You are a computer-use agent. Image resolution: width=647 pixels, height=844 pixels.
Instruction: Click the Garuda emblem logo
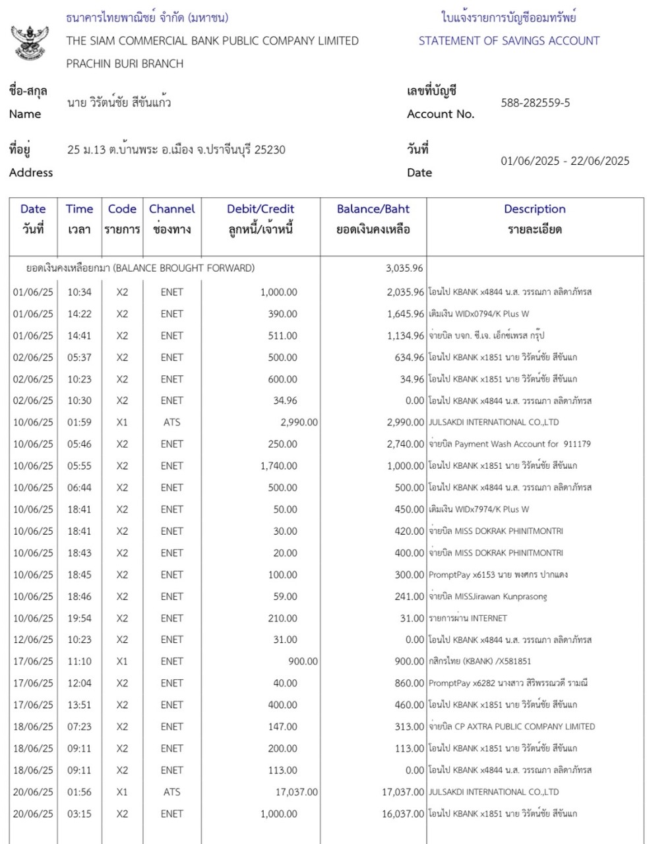(x=30, y=43)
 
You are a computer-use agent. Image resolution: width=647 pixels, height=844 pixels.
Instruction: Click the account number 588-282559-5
(x=536, y=103)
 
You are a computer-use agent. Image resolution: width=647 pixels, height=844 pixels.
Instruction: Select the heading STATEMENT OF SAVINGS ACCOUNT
(x=508, y=41)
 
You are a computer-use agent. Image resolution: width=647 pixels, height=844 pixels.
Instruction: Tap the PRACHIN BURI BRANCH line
(x=125, y=64)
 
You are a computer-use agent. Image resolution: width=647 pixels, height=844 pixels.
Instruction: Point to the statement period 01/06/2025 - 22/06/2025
(x=565, y=161)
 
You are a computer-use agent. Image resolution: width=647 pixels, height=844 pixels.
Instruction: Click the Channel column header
(x=171, y=210)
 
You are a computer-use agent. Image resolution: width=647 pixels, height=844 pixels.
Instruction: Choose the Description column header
(x=534, y=210)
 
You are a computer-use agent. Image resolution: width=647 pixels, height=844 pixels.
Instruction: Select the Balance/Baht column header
(x=373, y=210)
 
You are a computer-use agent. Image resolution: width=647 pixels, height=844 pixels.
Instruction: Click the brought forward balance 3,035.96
(x=404, y=268)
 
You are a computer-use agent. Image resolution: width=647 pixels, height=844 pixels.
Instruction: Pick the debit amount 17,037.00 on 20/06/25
(x=296, y=792)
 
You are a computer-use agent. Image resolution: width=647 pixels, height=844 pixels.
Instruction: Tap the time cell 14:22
(x=79, y=314)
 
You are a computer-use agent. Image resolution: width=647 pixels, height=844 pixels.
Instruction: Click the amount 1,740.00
(x=278, y=466)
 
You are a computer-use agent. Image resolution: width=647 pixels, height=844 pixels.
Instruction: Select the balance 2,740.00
(x=405, y=444)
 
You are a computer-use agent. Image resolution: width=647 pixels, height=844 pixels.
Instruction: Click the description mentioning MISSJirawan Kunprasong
(x=487, y=597)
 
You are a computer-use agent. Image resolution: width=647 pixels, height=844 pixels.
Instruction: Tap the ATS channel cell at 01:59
(x=171, y=422)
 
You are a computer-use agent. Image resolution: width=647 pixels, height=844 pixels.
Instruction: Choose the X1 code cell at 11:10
(x=122, y=661)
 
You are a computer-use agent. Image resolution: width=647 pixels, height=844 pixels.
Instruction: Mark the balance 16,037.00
(x=402, y=814)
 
